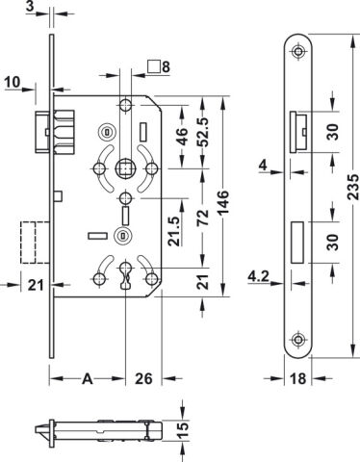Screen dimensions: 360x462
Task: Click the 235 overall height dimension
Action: click(353, 187)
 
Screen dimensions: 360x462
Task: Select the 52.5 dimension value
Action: click(203, 132)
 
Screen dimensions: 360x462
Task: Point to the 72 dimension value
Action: click(203, 218)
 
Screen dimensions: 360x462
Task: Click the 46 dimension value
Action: click(182, 137)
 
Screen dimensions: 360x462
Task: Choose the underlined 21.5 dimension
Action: click(175, 231)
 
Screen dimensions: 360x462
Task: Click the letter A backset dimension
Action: click(88, 379)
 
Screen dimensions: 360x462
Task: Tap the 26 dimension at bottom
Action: click(143, 379)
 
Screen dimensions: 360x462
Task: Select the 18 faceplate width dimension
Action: click(298, 379)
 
